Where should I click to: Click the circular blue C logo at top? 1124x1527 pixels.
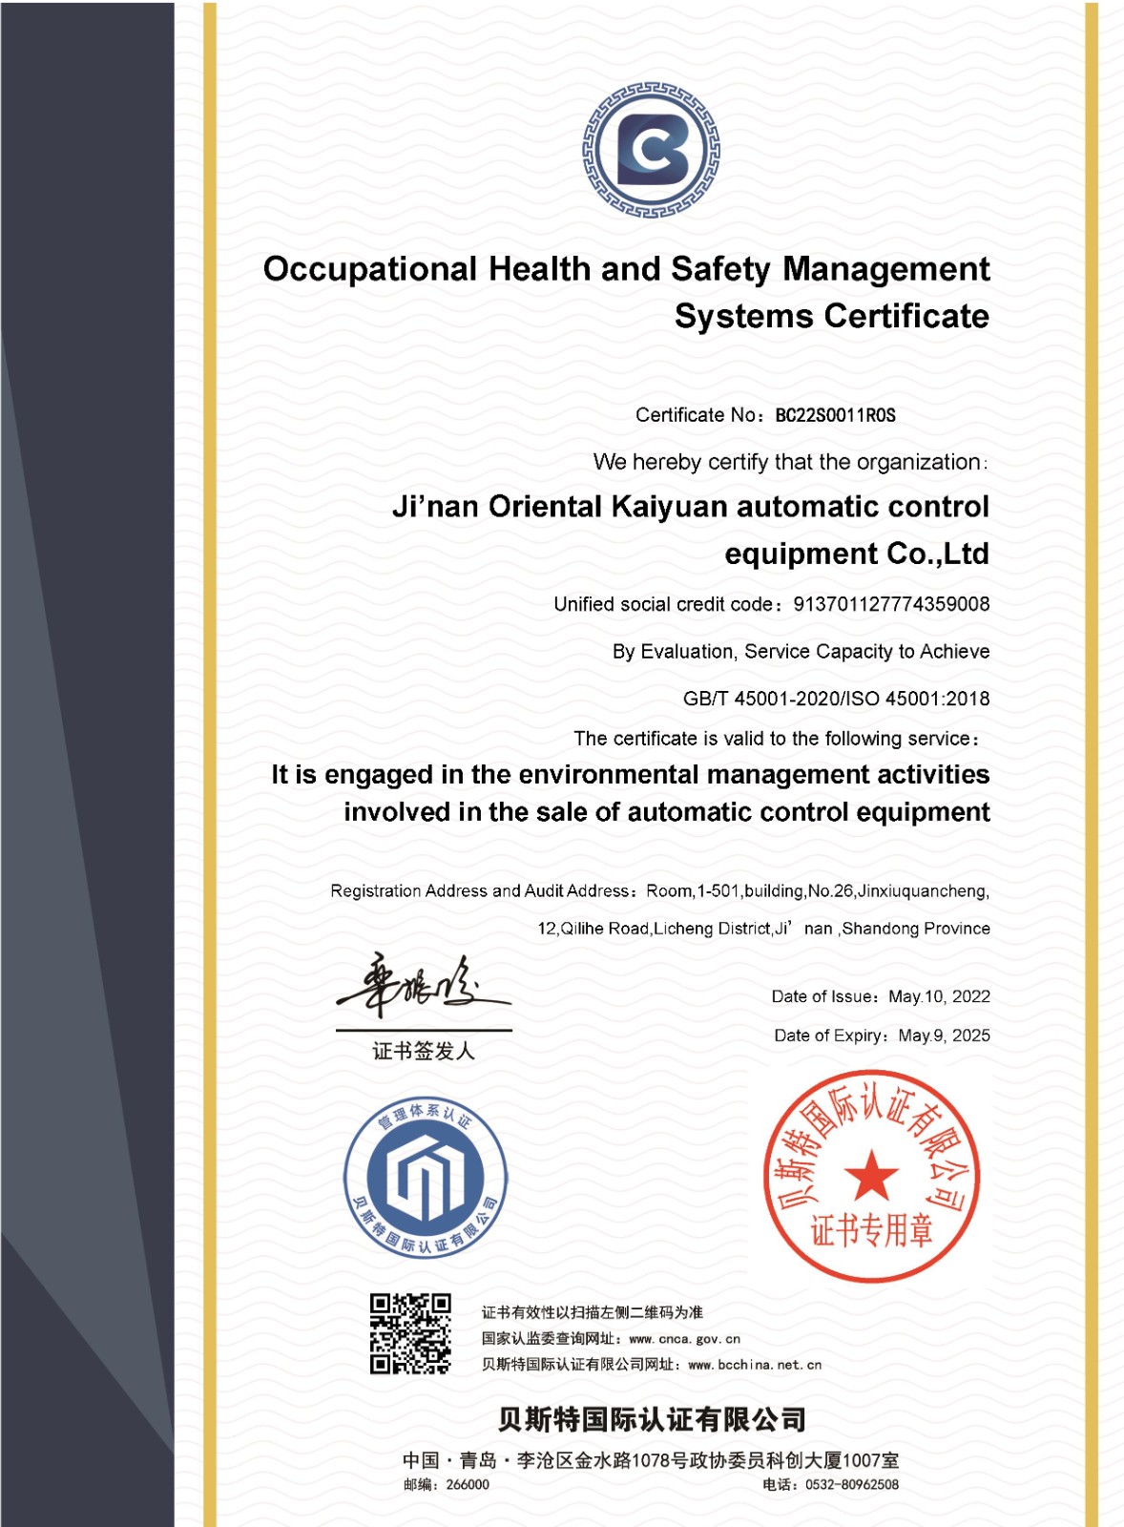click(652, 150)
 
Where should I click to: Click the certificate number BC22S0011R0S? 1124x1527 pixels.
click(835, 415)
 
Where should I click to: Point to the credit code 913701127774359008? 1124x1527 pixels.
click(891, 604)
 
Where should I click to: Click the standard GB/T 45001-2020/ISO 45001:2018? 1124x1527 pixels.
click(836, 699)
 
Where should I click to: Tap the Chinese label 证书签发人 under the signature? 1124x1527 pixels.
click(424, 1051)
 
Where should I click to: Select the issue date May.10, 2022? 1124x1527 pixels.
click(939, 996)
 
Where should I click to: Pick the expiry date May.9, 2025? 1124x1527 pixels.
click(944, 1035)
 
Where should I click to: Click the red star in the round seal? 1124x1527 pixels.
click(870, 1175)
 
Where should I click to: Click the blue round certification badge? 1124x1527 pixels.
click(426, 1177)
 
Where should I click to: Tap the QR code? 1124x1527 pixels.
click(410, 1333)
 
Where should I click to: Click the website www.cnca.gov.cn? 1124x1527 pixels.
click(684, 1339)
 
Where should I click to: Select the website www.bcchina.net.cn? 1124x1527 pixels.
click(754, 1365)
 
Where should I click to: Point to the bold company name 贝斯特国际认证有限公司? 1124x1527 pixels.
click(652, 1419)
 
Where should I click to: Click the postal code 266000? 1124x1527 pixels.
click(468, 1485)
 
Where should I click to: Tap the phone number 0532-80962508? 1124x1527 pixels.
click(851, 1485)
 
